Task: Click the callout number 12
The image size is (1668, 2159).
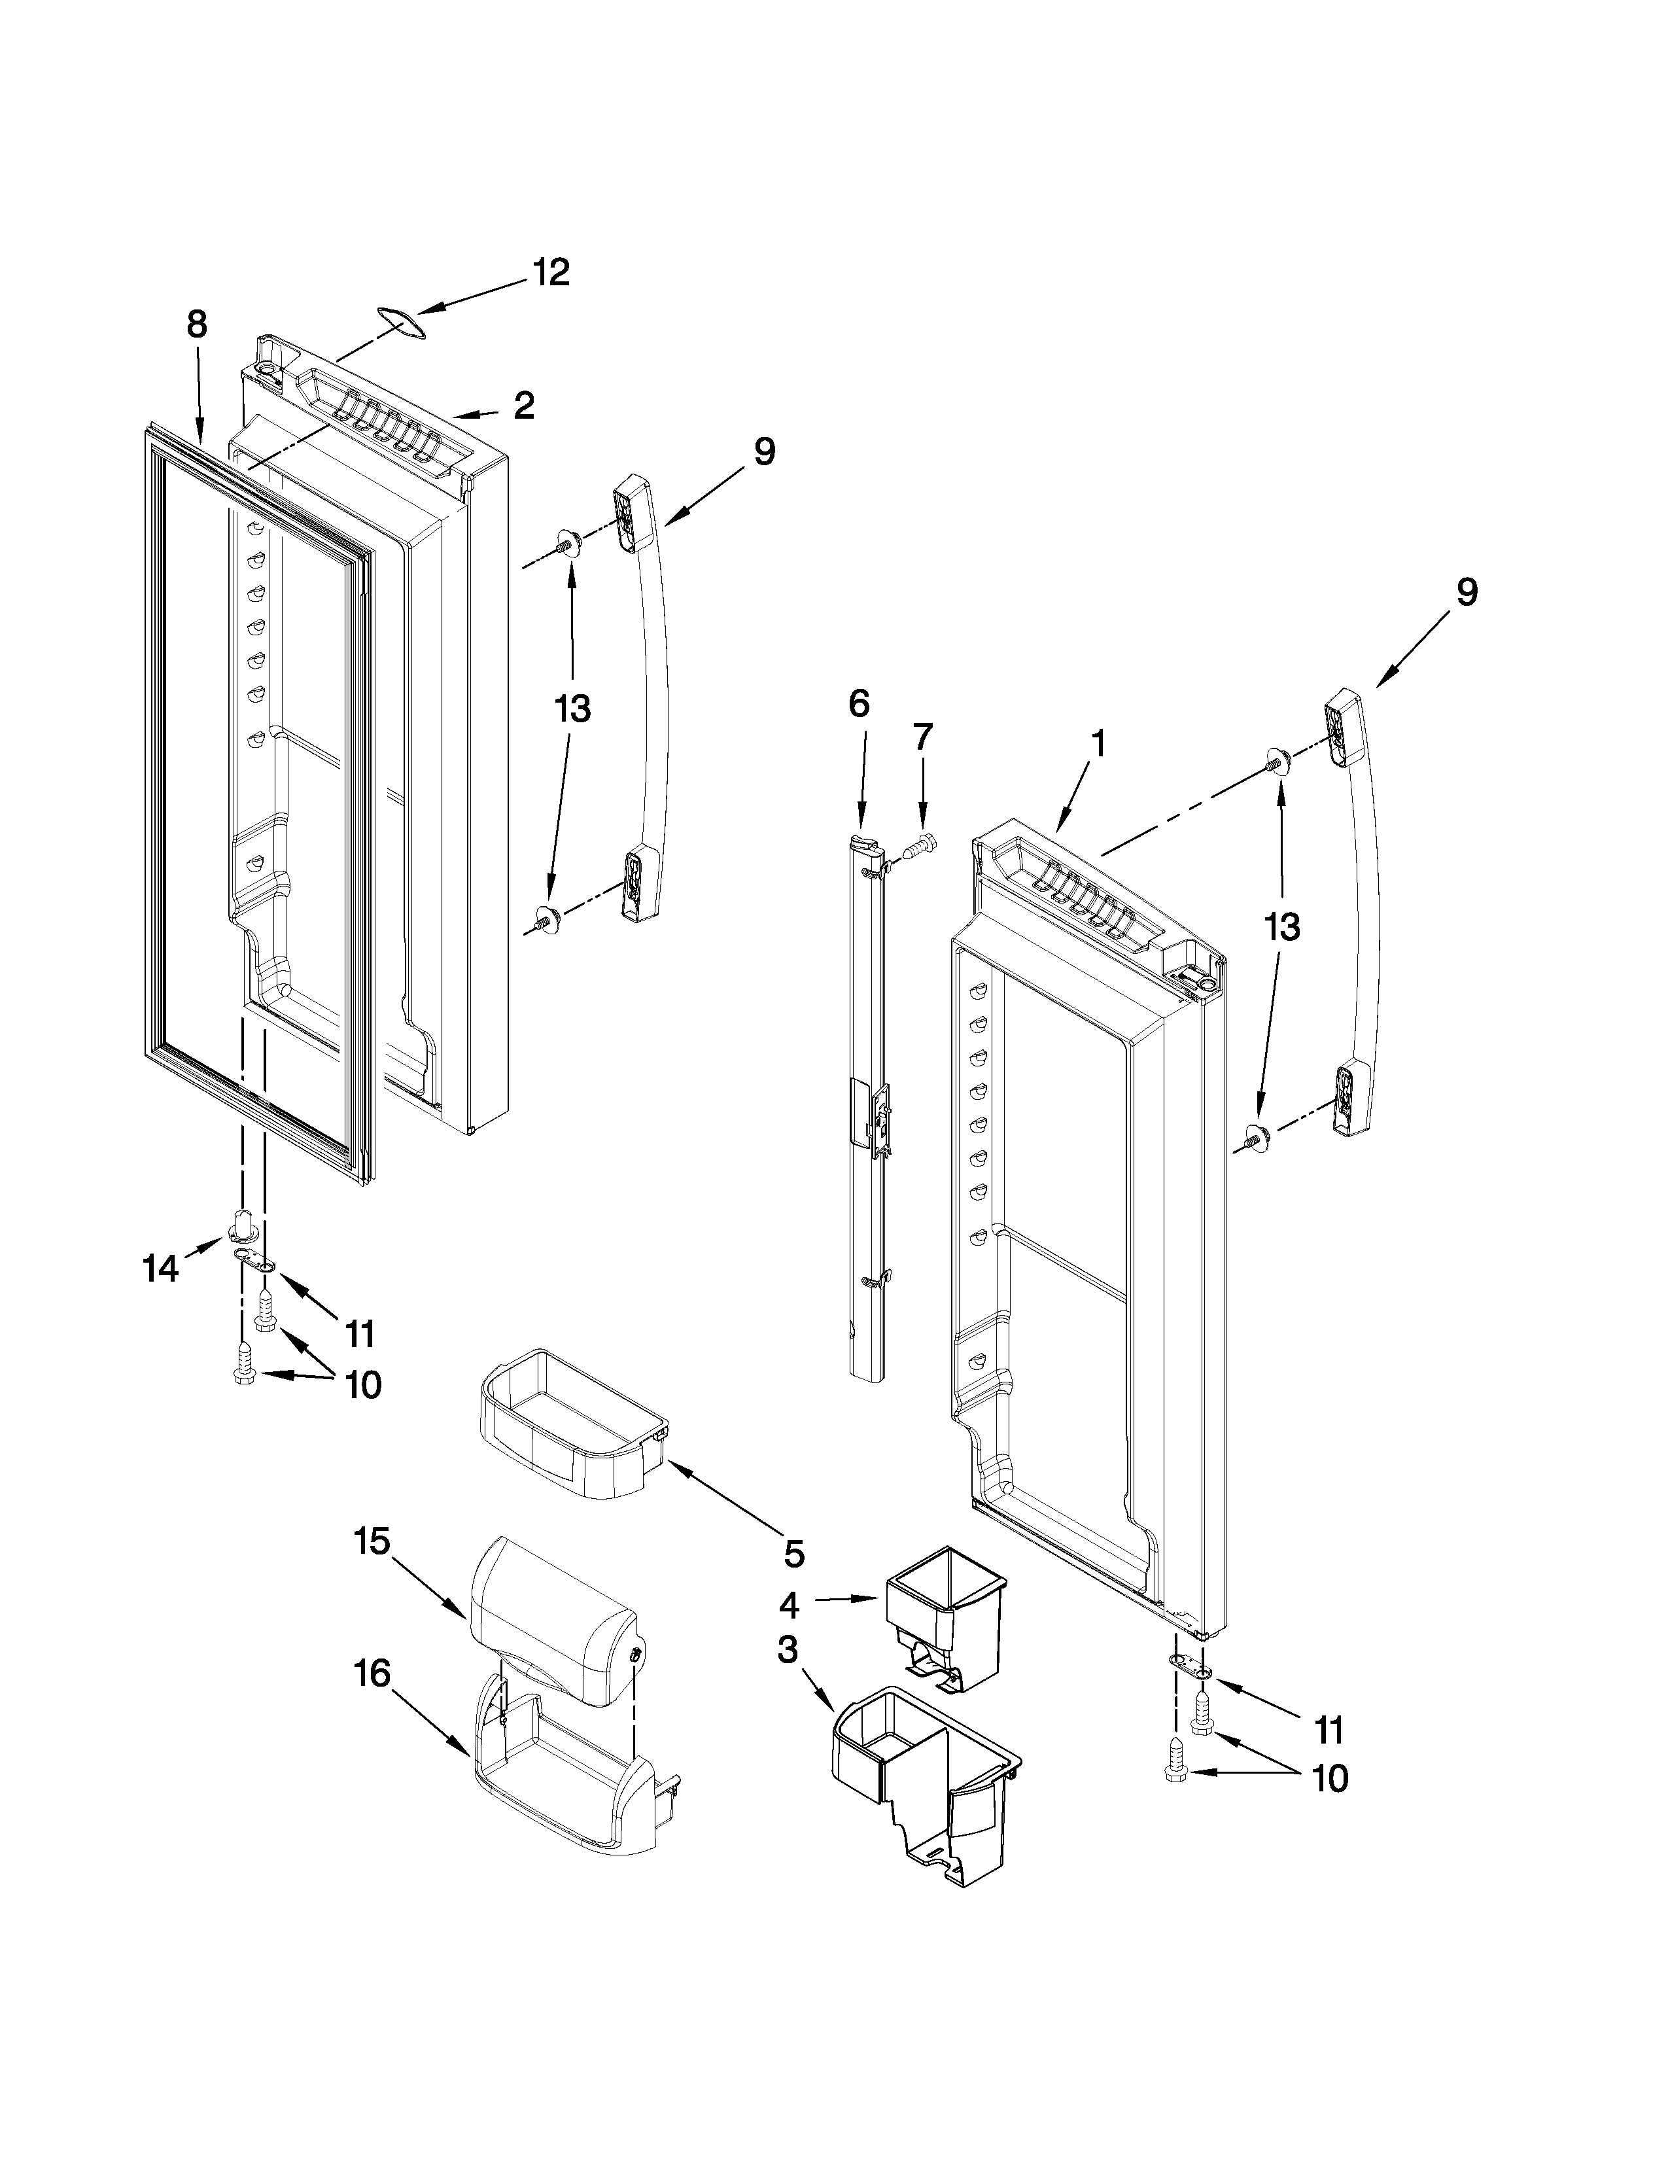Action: [551, 272]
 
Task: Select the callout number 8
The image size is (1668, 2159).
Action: [197, 325]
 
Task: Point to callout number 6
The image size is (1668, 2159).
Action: [859, 704]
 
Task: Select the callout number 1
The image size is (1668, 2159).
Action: [1098, 743]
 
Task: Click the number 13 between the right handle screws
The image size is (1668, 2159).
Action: [1281, 927]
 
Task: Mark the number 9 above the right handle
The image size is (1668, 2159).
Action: [1467, 592]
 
